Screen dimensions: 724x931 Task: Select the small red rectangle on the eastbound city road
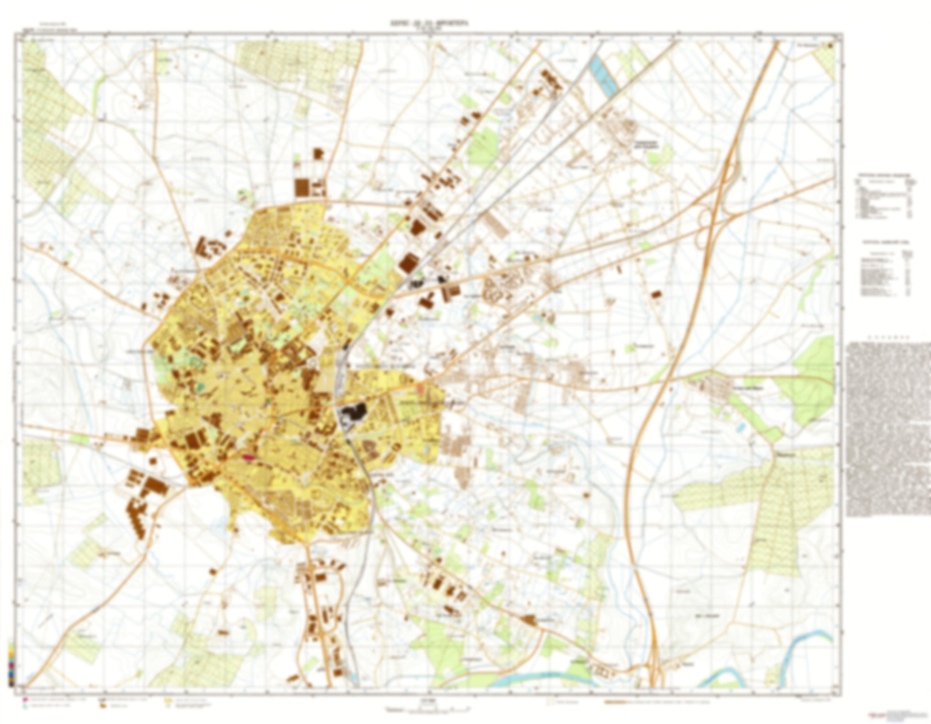tap(420, 388)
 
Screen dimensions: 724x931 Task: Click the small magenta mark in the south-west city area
tap(249, 457)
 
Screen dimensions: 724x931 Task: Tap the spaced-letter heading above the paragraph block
tap(887, 337)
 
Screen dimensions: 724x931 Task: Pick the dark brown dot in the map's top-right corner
tap(831, 45)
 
